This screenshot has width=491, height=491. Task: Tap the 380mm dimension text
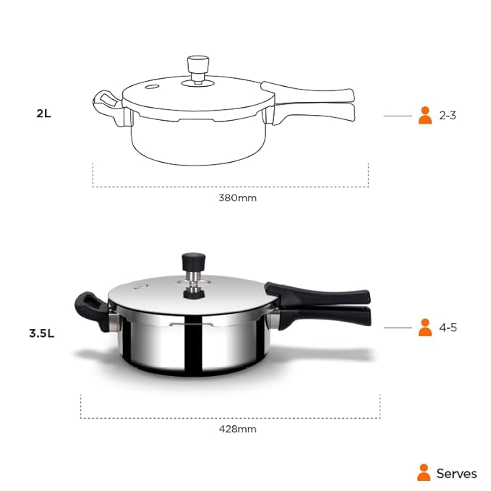click(x=237, y=197)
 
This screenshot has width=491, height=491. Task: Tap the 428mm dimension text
click(x=237, y=429)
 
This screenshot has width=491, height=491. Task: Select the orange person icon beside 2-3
click(x=425, y=115)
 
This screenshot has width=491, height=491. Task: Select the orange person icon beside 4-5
click(x=425, y=328)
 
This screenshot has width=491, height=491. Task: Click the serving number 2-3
click(x=448, y=115)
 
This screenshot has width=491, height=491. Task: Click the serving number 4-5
click(x=448, y=328)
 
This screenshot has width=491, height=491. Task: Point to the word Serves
click(x=456, y=474)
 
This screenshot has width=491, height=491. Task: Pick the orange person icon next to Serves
click(x=424, y=473)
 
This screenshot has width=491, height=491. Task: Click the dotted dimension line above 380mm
click(x=230, y=187)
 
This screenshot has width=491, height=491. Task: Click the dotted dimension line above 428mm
click(x=230, y=417)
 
